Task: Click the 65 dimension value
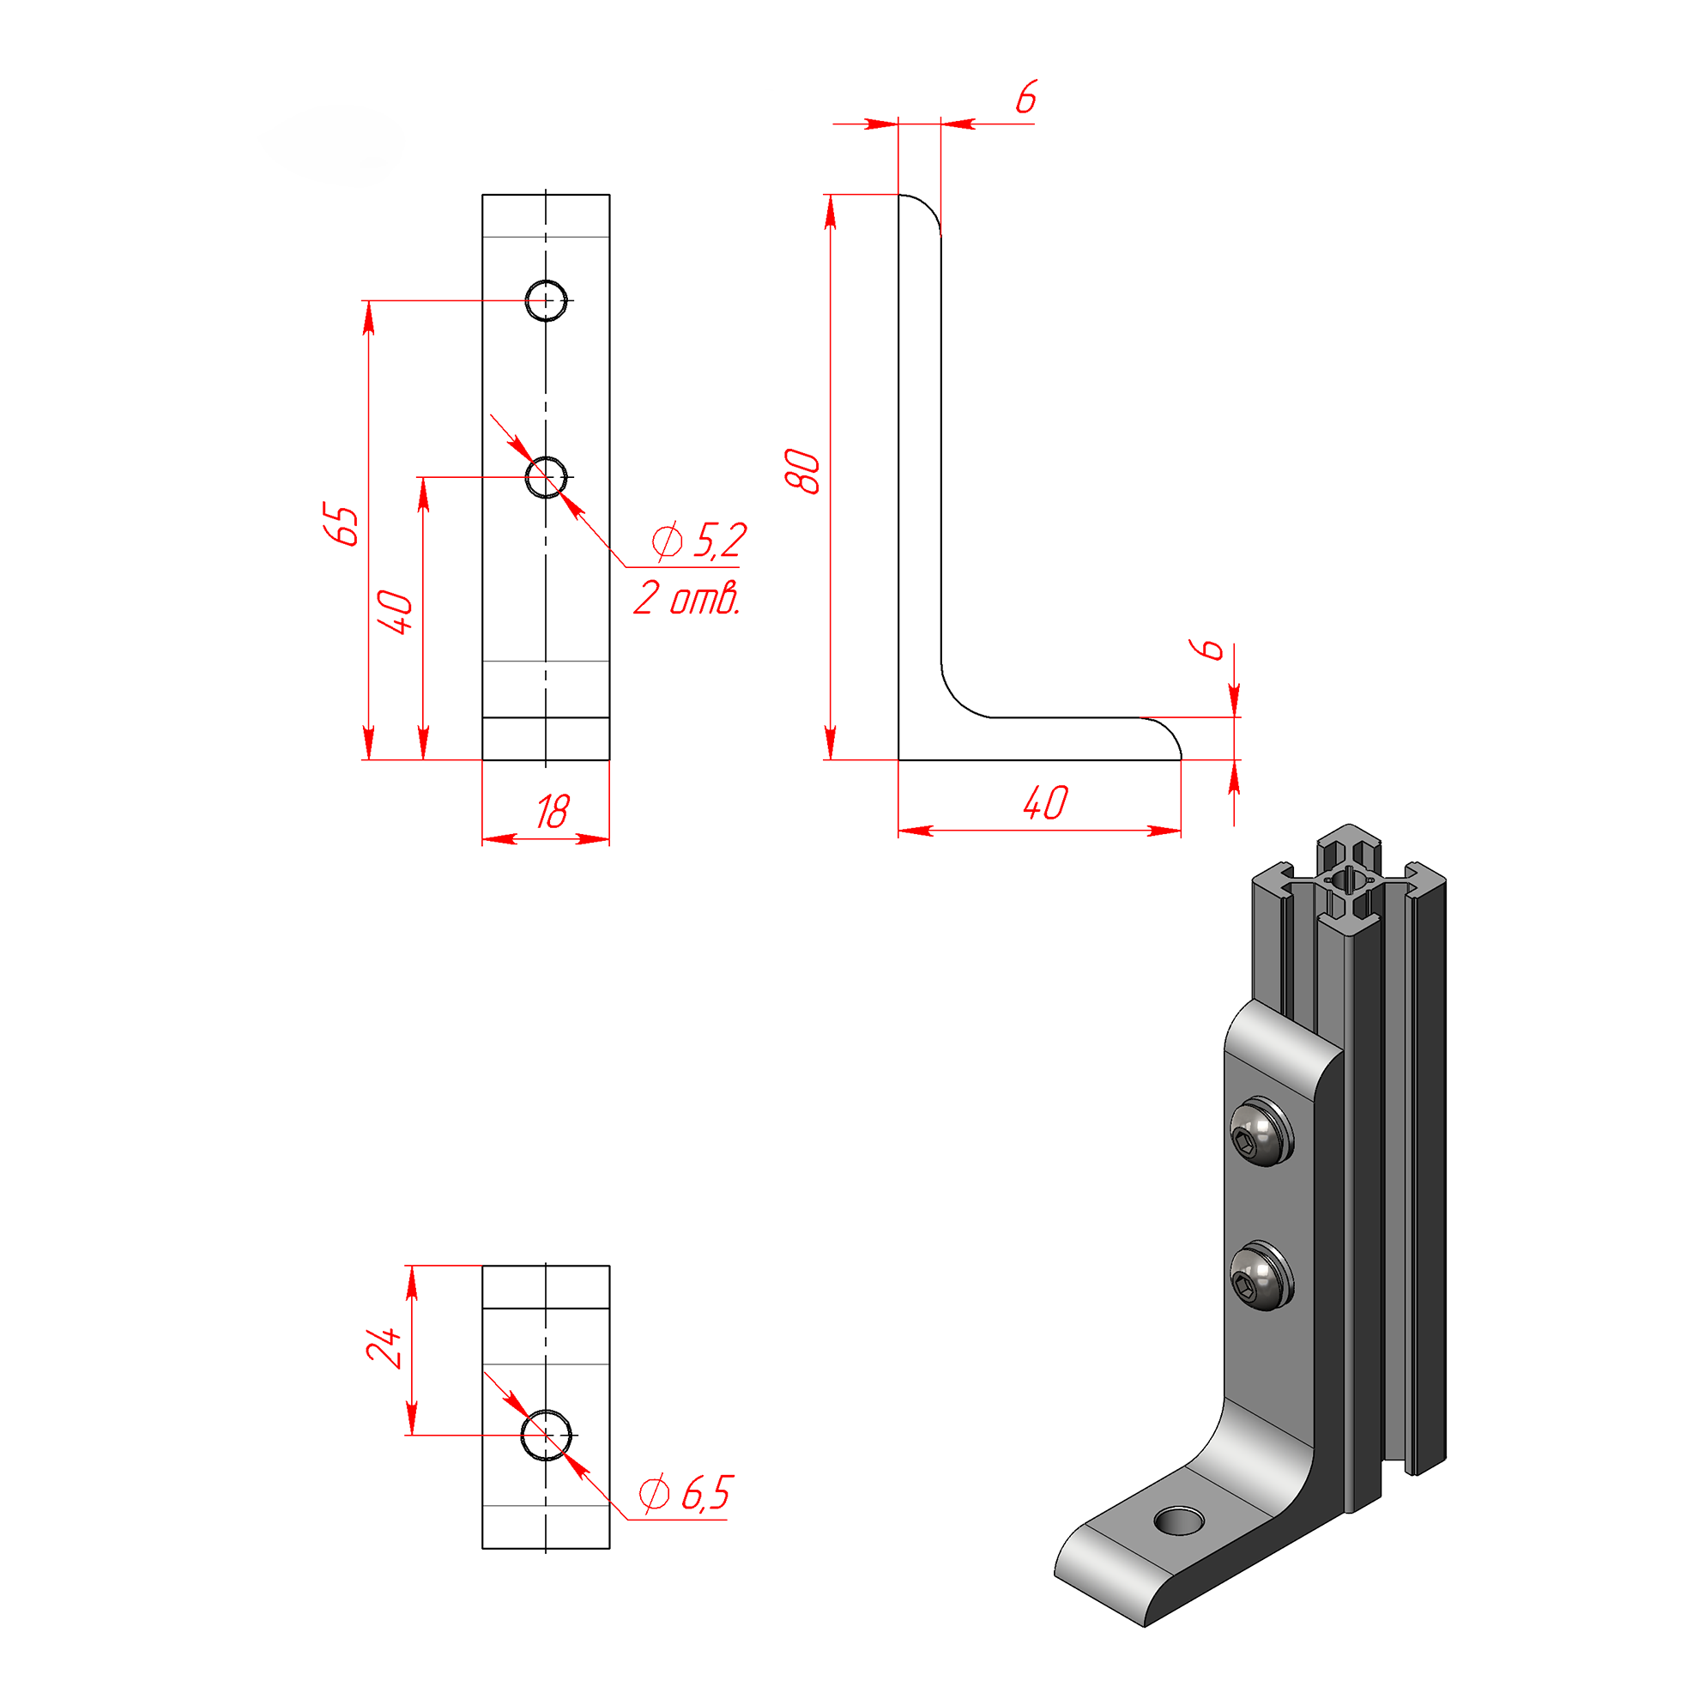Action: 342,525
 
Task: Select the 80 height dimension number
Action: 802,471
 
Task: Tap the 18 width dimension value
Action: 553,812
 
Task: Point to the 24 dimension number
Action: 384,1347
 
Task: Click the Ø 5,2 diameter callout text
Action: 700,540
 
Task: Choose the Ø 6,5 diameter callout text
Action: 686,1493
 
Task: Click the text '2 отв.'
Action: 686,598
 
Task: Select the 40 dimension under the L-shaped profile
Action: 1047,803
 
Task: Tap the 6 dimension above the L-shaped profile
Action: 1026,97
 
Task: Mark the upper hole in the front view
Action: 546,300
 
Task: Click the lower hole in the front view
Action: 546,477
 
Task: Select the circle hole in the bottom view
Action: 546,1436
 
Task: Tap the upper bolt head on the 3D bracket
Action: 1261,1132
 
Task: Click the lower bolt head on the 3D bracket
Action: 1261,1277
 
